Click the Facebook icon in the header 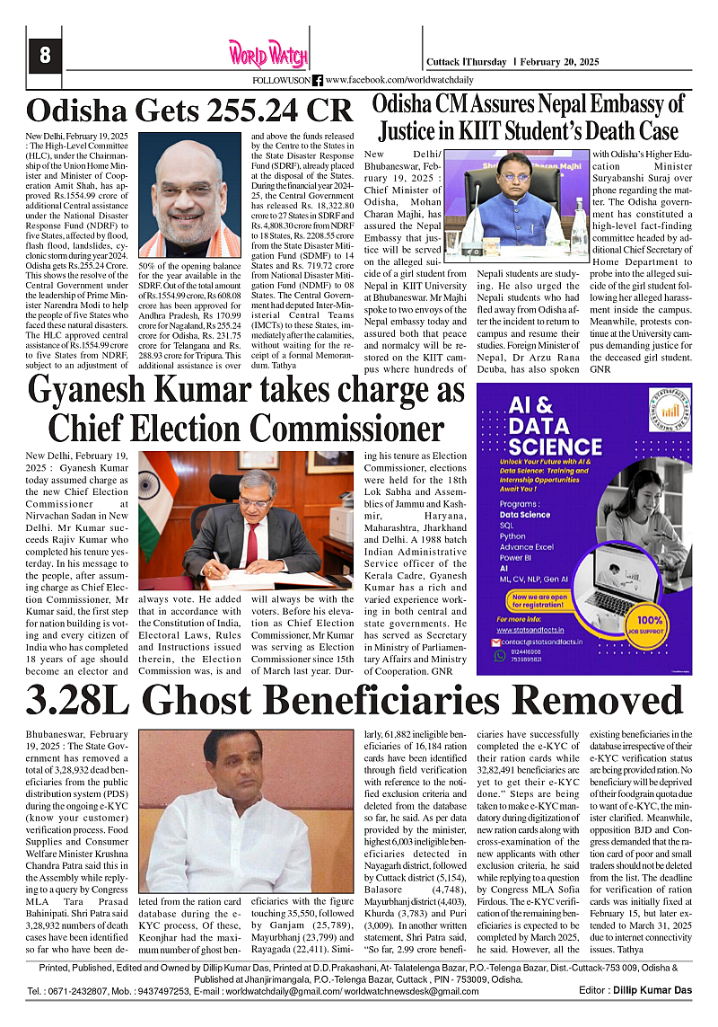tap(318, 80)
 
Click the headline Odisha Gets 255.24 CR tap(189, 111)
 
